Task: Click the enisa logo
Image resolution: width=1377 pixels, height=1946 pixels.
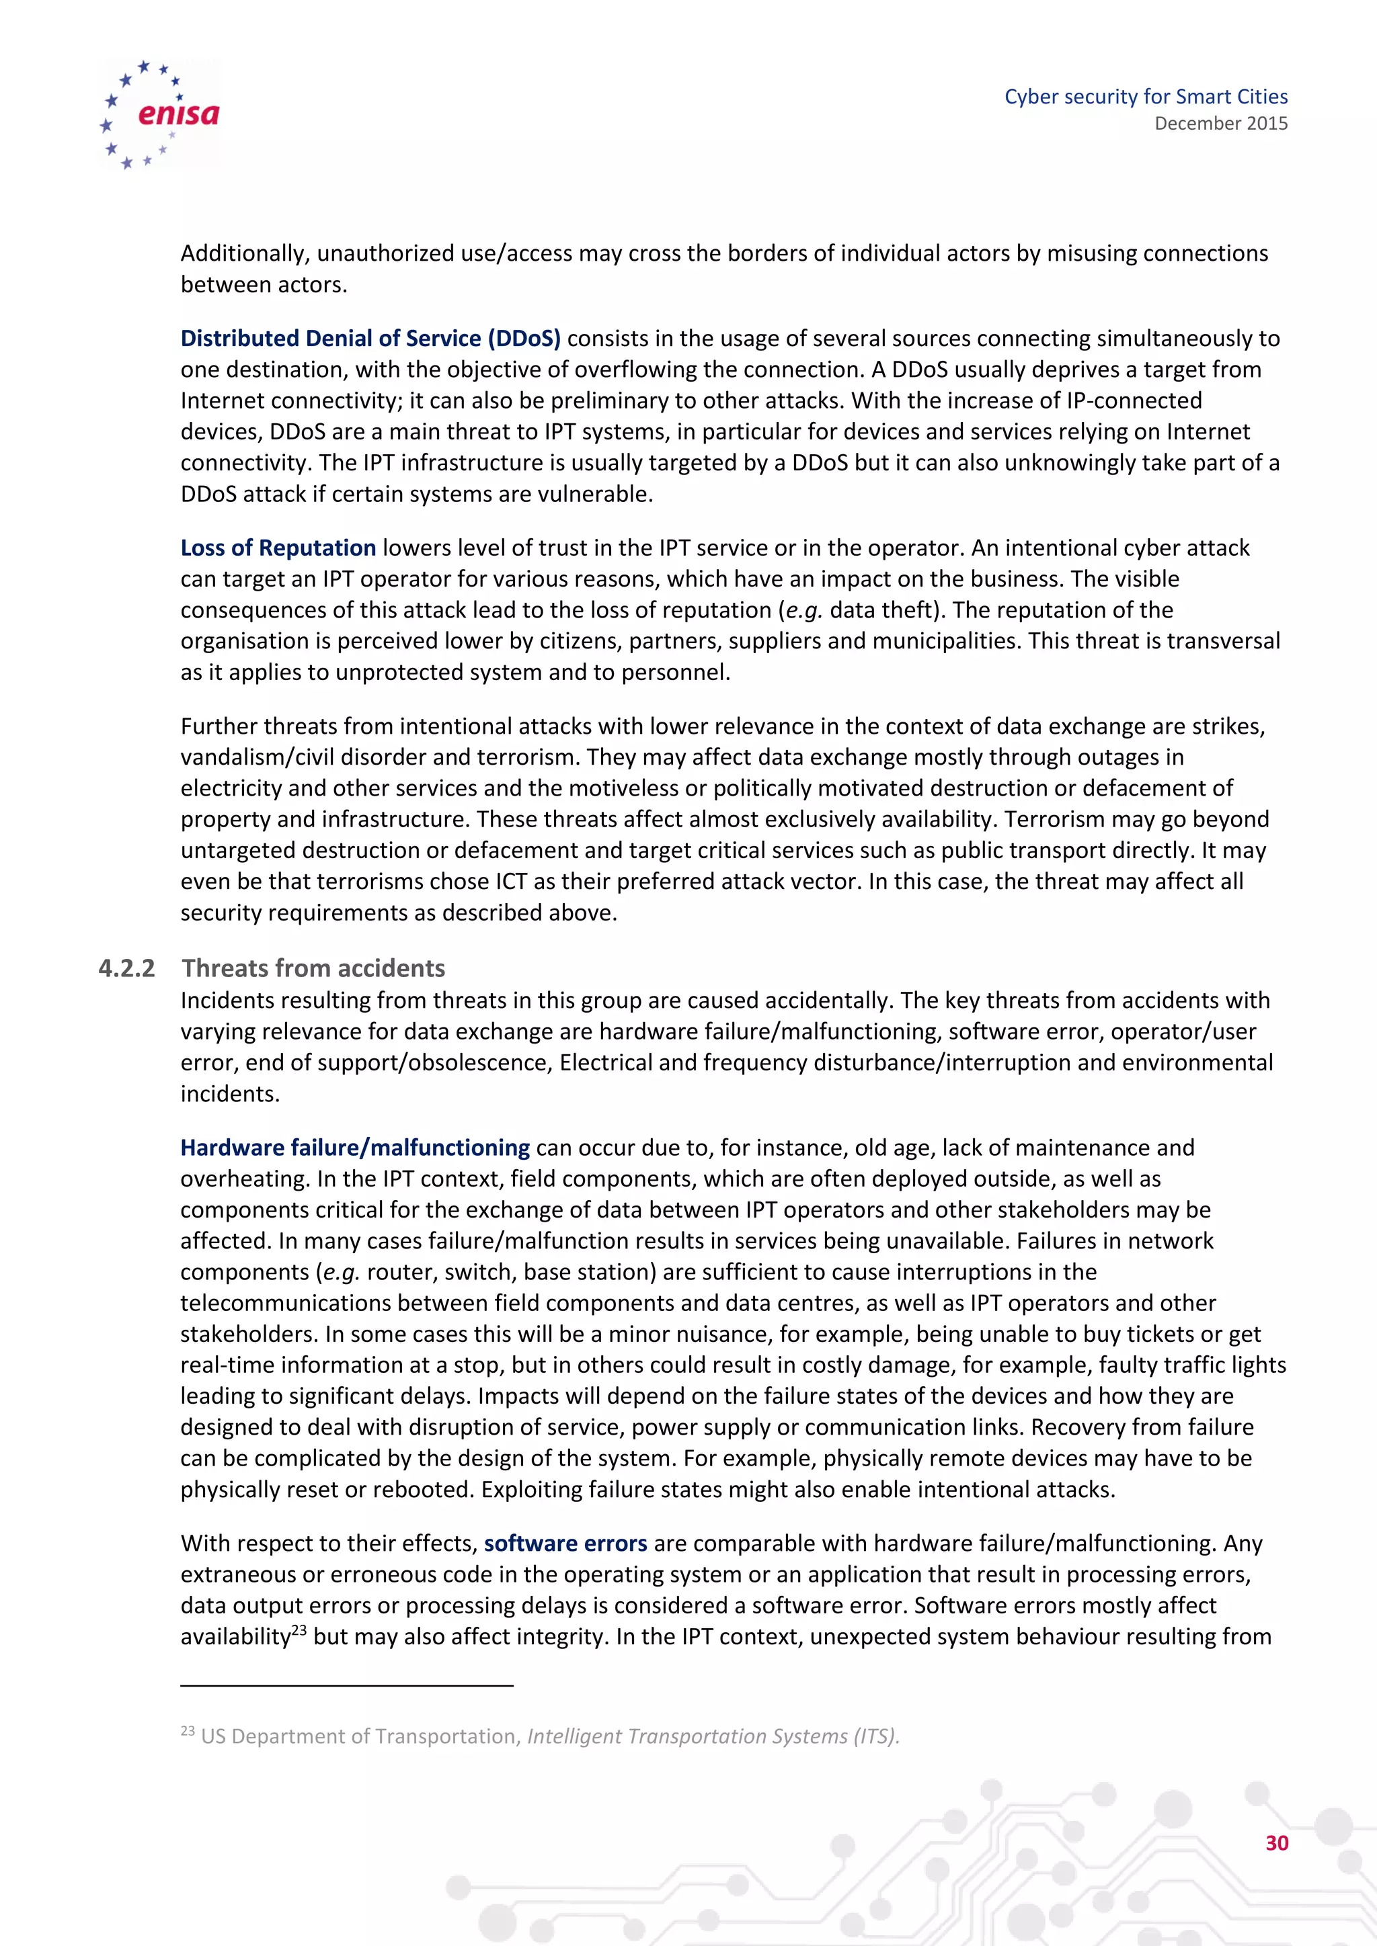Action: pos(160,114)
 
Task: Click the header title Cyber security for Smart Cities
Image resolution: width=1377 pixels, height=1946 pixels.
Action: pos(1146,97)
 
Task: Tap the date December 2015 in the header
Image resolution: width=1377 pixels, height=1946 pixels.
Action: pos(1220,124)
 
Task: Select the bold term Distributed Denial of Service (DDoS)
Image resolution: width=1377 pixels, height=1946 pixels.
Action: pos(370,338)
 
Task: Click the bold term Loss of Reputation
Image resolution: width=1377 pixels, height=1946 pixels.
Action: pos(278,548)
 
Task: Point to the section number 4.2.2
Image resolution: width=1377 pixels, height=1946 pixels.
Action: pos(126,968)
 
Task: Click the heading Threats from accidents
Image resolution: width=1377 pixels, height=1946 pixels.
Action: pos(313,968)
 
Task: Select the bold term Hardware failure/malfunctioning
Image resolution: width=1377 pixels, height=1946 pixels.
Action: pos(354,1148)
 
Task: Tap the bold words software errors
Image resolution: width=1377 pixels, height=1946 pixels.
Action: pos(565,1543)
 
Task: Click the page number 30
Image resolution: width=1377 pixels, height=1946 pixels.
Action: pos(1276,1843)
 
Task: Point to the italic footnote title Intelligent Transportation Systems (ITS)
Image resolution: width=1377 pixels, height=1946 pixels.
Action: pos(712,1736)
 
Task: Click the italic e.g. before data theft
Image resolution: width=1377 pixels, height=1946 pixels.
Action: pos(802,610)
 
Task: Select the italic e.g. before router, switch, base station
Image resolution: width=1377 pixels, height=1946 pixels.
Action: pos(342,1272)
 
